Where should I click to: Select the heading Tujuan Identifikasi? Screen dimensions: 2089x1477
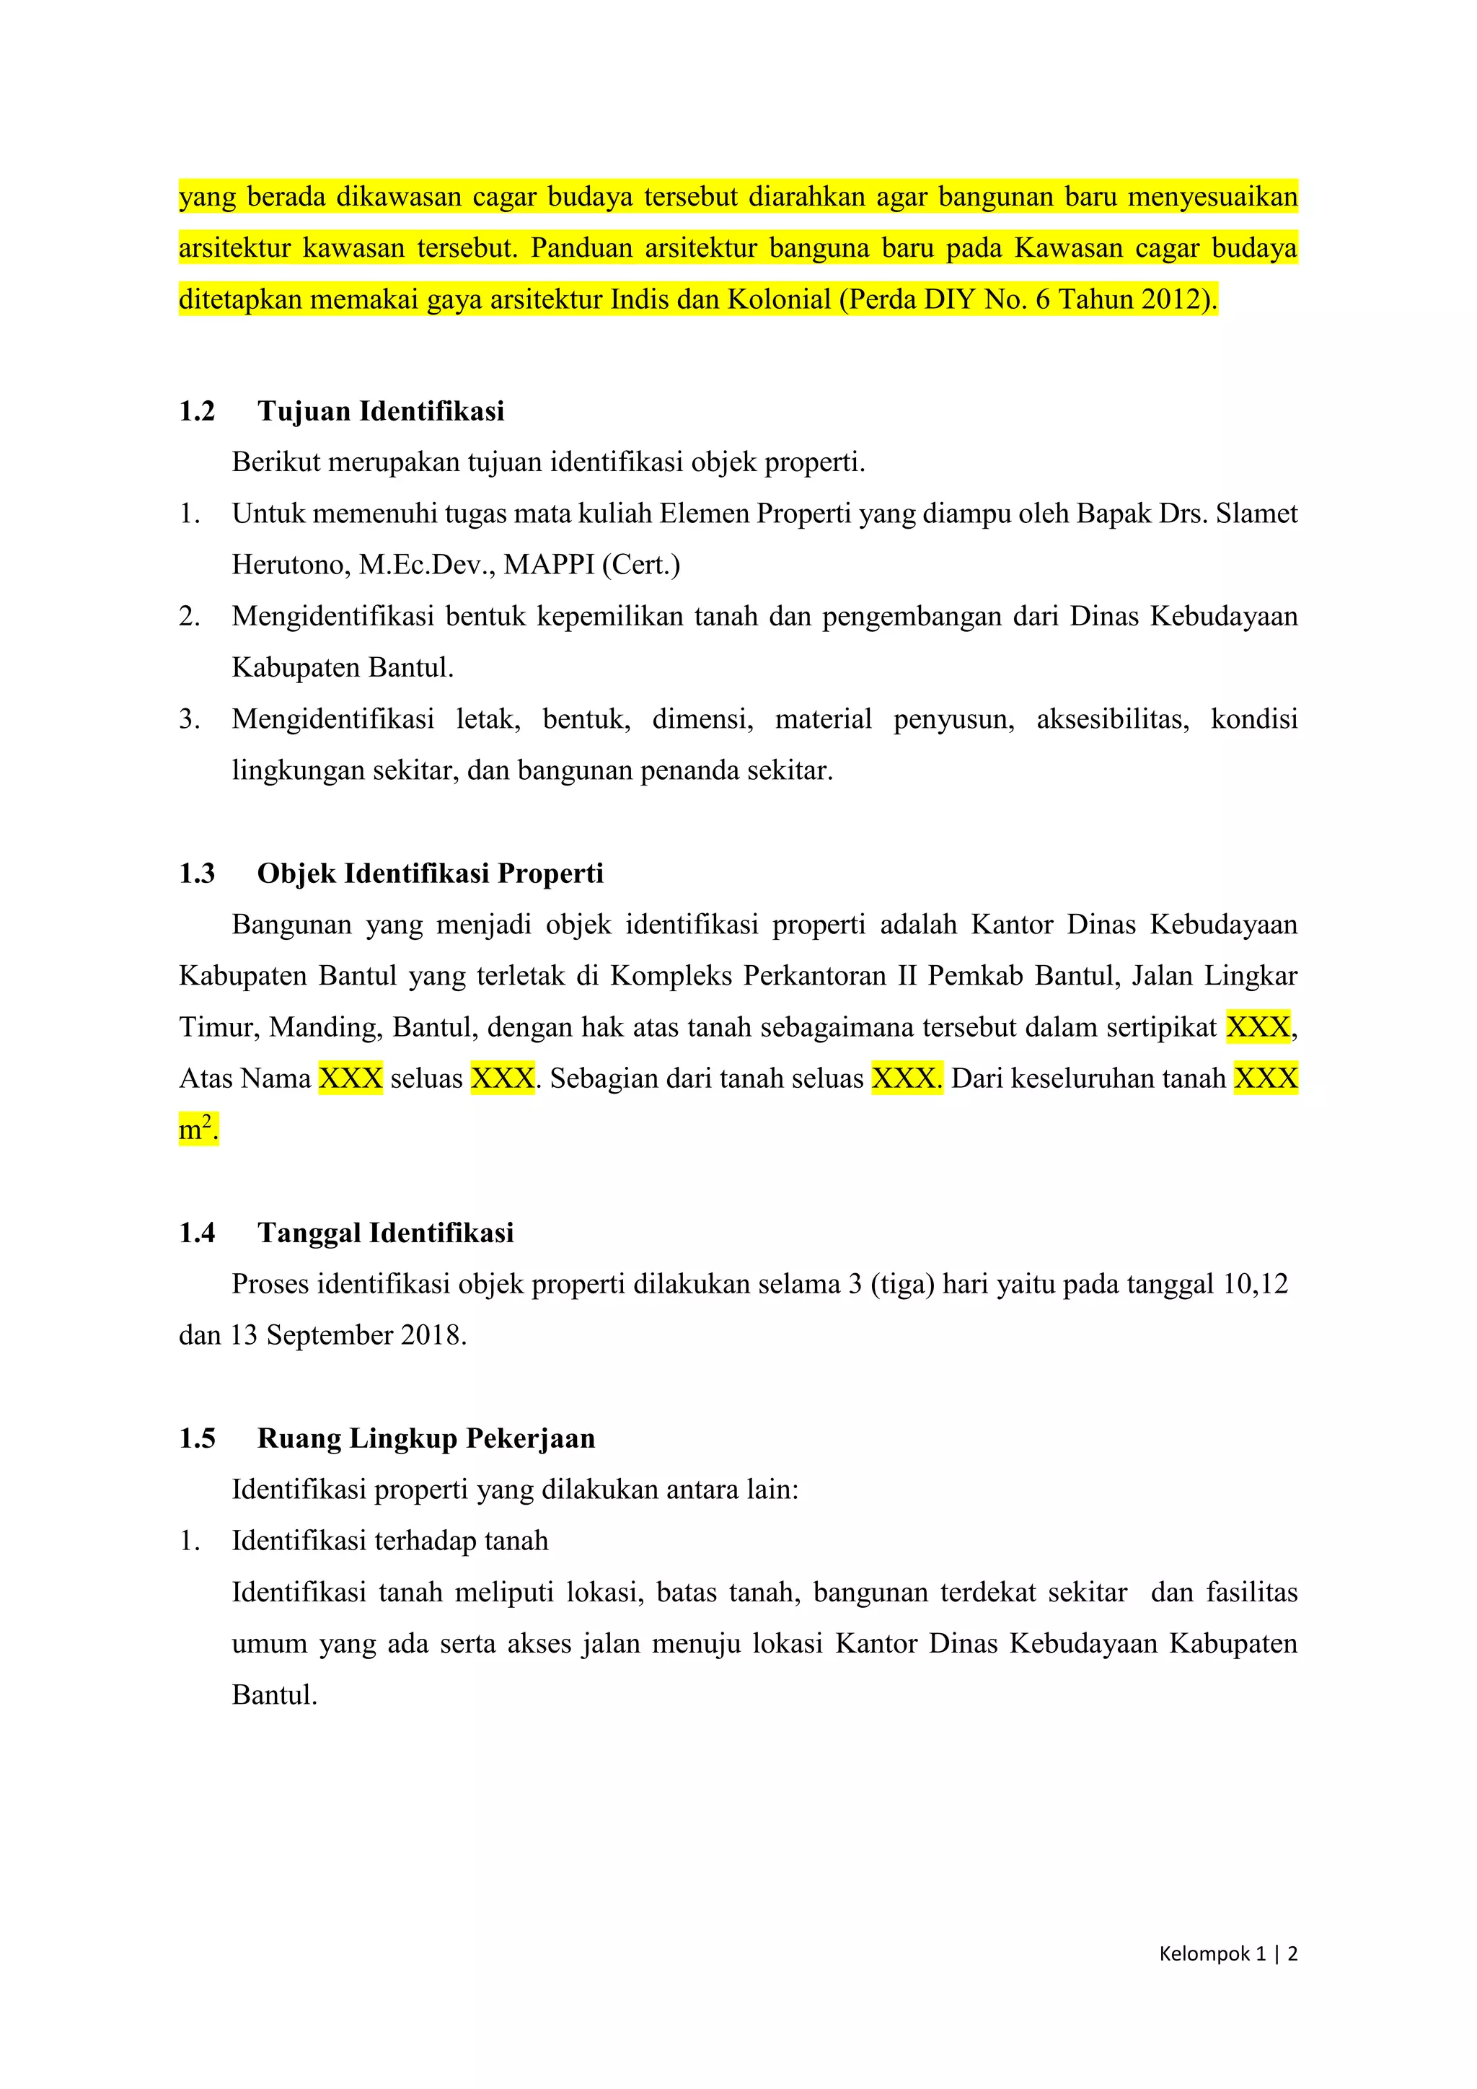(x=380, y=411)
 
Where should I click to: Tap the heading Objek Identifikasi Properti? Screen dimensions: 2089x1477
(x=430, y=874)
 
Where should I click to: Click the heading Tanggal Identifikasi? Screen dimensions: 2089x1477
(x=386, y=1233)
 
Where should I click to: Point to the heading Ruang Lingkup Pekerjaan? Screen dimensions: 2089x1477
(x=426, y=1438)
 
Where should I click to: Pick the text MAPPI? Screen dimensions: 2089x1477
(x=550, y=565)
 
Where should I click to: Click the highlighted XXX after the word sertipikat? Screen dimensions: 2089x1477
(x=1258, y=1027)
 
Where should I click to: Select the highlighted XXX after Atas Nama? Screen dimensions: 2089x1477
(x=350, y=1079)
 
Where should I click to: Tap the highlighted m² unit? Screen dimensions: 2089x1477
(x=195, y=1130)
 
